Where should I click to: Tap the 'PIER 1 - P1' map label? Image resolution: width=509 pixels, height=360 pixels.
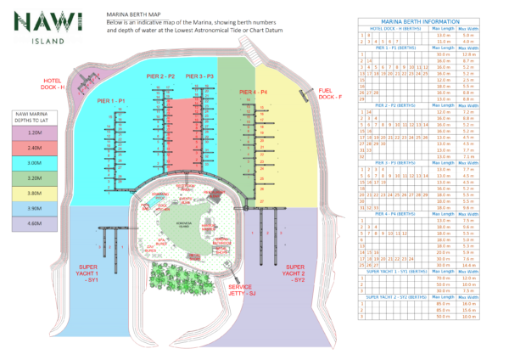coord(111,101)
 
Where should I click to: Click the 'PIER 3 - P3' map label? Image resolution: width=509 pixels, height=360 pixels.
coord(201,76)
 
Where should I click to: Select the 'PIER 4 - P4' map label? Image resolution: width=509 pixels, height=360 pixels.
coord(253,91)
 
